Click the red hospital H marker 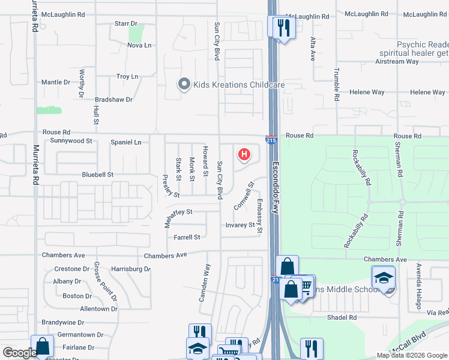(x=244, y=155)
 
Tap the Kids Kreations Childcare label (x=238, y=85)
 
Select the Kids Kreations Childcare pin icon (x=185, y=85)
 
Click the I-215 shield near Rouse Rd (x=271, y=139)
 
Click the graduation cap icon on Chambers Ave (x=383, y=278)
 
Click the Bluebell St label (x=97, y=175)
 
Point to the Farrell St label (x=186, y=238)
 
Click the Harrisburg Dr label (x=130, y=269)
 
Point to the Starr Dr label (x=125, y=23)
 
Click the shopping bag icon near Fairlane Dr (x=42, y=346)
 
